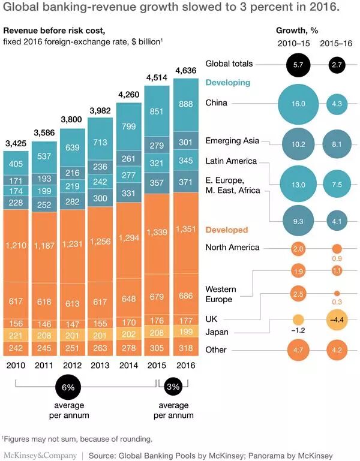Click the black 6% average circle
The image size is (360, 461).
(x=68, y=388)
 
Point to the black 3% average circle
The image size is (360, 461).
(x=173, y=388)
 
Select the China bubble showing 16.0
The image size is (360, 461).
(x=299, y=104)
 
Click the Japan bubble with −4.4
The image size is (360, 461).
(x=337, y=320)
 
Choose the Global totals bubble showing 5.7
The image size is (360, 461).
(x=299, y=64)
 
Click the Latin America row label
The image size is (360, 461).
(x=231, y=161)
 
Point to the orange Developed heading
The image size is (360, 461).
(x=226, y=230)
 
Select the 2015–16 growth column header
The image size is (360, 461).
(x=337, y=44)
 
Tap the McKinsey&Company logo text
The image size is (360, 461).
(x=40, y=455)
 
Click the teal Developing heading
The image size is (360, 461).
(x=228, y=83)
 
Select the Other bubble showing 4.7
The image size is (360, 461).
(x=299, y=349)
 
